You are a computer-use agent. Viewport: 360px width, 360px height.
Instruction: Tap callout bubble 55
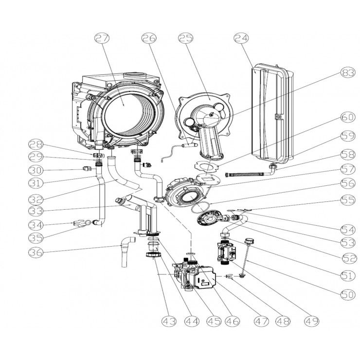(346, 200)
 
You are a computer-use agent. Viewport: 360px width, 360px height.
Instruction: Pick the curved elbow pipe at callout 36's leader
(126, 243)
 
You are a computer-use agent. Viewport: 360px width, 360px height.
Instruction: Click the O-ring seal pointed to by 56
(200, 209)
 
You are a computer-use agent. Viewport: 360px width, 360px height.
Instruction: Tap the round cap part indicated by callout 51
(250, 240)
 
